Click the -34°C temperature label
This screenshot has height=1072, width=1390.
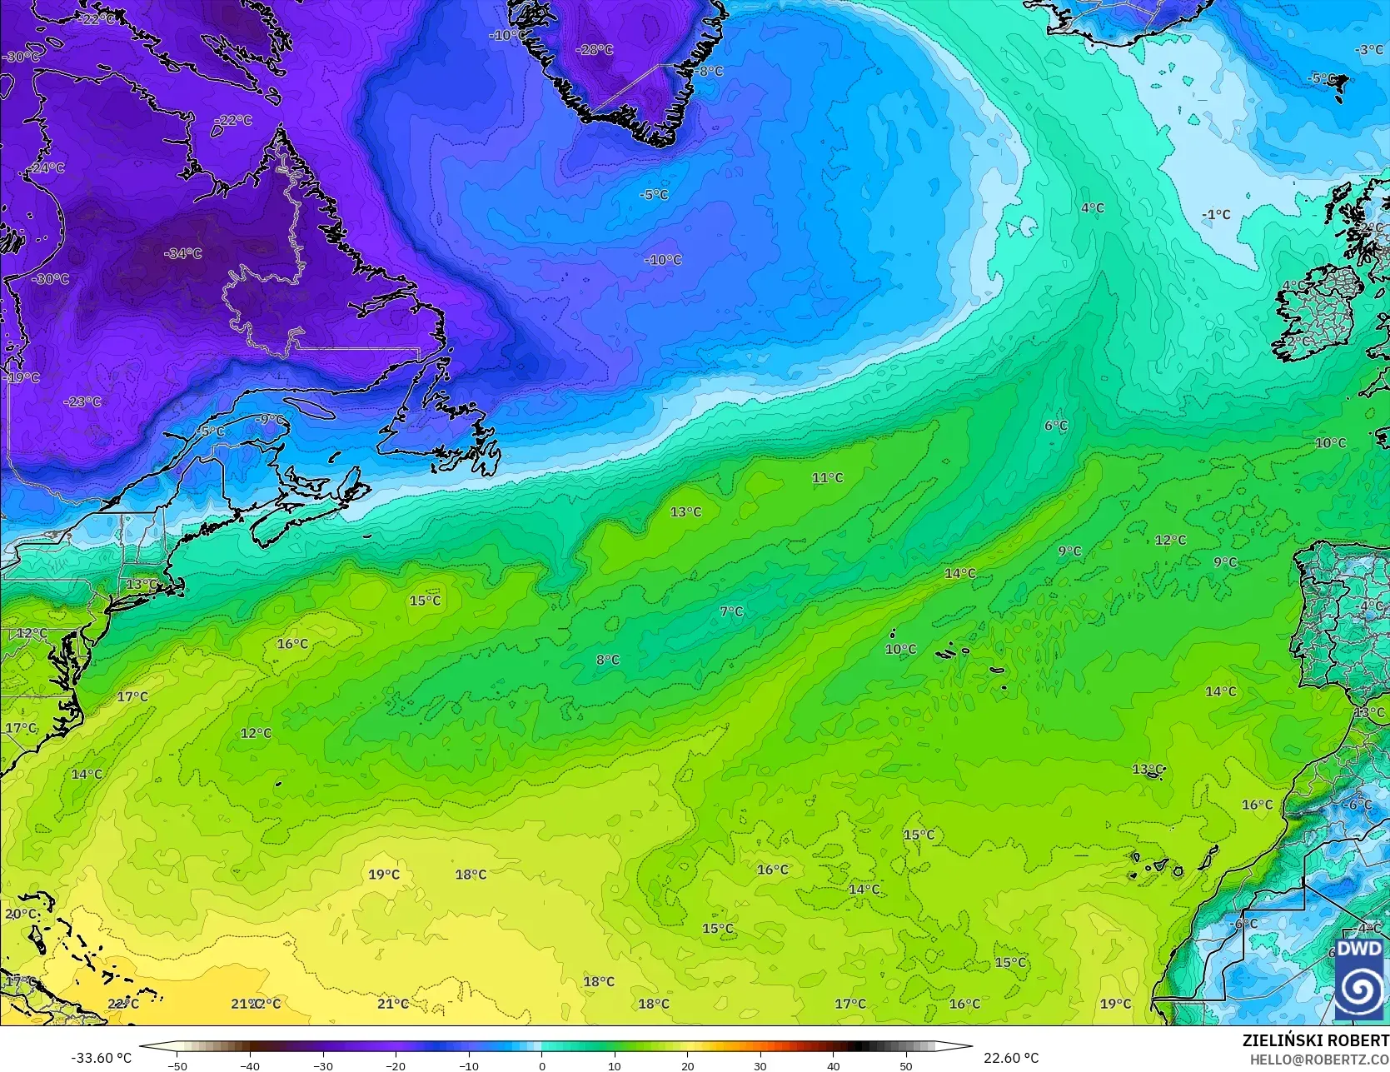click(x=182, y=253)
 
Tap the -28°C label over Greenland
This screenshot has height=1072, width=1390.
click(x=595, y=50)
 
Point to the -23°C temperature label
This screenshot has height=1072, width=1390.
click(x=82, y=401)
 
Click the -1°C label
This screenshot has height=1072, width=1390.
click(x=1215, y=215)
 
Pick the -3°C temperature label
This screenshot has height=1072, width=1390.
click(x=1368, y=50)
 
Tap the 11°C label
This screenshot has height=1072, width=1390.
click(x=827, y=478)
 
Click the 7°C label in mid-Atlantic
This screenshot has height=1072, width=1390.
click(x=730, y=611)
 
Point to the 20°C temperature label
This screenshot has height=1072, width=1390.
click(x=21, y=914)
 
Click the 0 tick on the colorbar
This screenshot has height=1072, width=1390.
click(x=541, y=1065)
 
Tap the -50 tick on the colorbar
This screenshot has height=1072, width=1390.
click(x=177, y=1065)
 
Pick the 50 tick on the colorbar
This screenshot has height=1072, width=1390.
click(x=906, y=1065)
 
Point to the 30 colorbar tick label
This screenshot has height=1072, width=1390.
click(x=760, y=1065)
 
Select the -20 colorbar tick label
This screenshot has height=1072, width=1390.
click(x=396, y=1065)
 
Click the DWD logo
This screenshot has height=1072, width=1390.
click(x=1358, y=979)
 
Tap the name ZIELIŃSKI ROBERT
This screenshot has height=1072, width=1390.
click(x=1315, y=1040)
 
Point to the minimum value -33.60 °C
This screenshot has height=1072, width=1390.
click(x=101, y=1058)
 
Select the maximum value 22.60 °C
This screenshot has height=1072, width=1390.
click(x=1011, y=1058)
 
